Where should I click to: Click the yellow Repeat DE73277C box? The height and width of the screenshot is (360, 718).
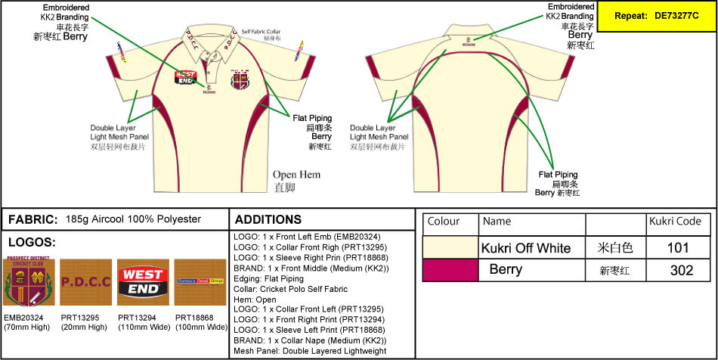click(656, 16)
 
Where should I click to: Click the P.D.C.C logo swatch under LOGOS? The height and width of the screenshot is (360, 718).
click(85, 283)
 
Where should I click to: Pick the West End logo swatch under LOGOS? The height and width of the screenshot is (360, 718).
click(142, 283)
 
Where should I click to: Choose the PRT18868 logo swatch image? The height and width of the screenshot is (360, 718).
click(200, 283)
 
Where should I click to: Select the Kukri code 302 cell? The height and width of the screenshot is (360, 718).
click(681, 270)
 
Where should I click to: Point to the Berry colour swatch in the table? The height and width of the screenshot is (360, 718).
click(450, 270)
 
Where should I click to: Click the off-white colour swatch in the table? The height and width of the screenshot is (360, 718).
click(450, 247)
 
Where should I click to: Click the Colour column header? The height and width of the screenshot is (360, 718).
click(444, 222)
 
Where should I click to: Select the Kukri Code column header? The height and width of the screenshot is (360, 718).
click(676, 221)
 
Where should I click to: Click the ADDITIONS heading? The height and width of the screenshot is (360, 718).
click(268, 219)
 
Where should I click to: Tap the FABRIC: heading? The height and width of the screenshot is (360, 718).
click(33, 219)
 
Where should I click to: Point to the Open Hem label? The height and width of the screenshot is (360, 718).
click(296, 175)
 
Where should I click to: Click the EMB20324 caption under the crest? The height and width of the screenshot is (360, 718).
click(25, 318)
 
